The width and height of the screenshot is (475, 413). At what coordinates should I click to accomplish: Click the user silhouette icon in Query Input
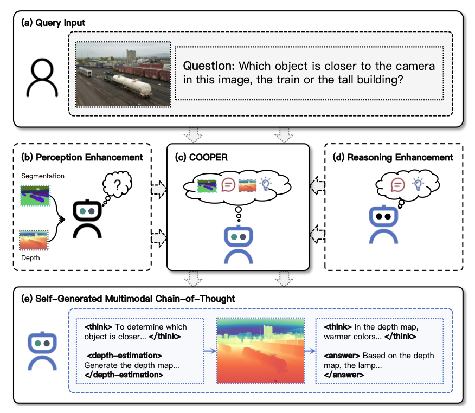(43, 77)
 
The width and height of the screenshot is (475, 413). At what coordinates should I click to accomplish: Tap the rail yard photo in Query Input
(123, 73)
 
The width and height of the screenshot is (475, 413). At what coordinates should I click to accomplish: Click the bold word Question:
(209, 67)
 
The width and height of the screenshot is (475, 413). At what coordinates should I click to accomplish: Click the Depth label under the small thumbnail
(30, 258)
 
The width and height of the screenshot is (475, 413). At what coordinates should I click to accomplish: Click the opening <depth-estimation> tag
(124, 356)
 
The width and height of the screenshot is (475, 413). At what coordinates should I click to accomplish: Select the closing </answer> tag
(343, 375)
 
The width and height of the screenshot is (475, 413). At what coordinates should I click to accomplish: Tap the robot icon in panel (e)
(43, 351)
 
